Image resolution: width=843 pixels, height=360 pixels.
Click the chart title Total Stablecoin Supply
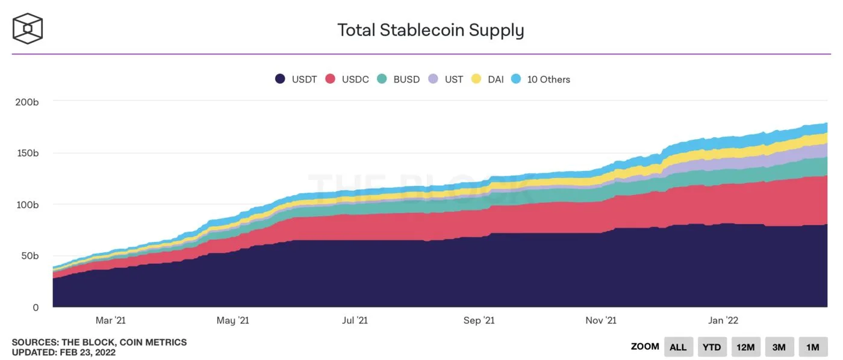tap(431, 30)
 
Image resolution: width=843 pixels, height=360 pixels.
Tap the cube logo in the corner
tap(28, 28)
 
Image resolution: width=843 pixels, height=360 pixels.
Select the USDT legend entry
tap(296, 79)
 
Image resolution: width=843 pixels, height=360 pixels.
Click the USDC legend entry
tap(347, 79)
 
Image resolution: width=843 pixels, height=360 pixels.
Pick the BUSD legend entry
tap(398, 79)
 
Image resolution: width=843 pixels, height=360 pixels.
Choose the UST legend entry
tap(446, 79)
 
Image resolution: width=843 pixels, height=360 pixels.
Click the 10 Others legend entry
tap(540, 79)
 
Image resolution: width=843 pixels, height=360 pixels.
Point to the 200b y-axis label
tap(27, 102)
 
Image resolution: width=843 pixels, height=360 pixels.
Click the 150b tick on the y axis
tap(27, 153)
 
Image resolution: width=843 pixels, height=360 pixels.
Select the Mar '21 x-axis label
tap(111, 320)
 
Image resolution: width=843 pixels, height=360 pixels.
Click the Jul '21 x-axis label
tap(355, 320)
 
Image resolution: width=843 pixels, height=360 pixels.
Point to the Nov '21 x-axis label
tap(600, 320)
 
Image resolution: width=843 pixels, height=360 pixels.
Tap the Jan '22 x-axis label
tap(723, 320)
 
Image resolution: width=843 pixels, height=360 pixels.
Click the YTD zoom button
tap(712, 347)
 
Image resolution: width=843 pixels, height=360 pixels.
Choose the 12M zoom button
tap(745, 347)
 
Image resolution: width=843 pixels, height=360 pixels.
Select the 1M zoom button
tap(813, 347)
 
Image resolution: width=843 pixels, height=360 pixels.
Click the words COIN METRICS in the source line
tap(154, 342)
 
